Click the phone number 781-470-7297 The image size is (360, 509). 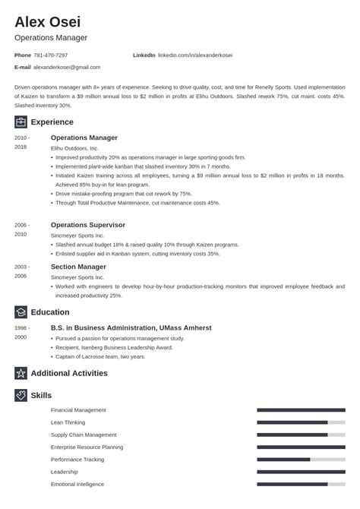[52, 55]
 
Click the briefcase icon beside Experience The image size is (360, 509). [21, 122]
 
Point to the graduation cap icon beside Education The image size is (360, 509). [21, 312]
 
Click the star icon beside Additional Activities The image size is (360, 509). [21, 373]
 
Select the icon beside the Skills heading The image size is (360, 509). [21, 395]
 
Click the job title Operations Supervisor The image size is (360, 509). [87, 225]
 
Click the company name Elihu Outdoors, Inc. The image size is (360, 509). [74, 148]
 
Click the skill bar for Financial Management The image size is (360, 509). [301, 410]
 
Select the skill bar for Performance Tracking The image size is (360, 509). [301, 460]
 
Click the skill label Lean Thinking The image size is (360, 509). [68, 422]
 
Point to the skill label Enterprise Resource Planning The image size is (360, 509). [87, 447]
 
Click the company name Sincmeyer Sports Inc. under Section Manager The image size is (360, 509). [78, 277]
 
